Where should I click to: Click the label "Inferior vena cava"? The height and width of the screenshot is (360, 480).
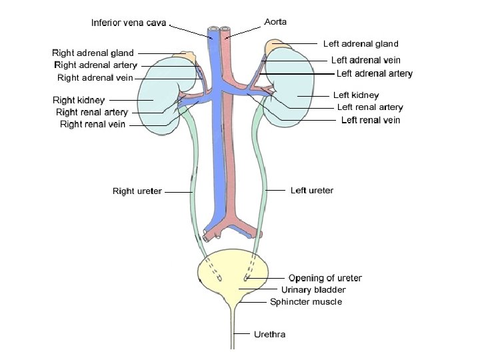pyautogui.click(x=129, y=23)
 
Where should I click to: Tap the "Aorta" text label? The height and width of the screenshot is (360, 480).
pyautogui.click(x=275, y=21)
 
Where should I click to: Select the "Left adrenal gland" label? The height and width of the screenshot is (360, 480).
pyautogui.click(x=361, y=44)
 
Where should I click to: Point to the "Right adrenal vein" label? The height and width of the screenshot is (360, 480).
pyautogui.click(x=95, y=77)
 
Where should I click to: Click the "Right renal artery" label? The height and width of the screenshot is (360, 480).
pyautogui.click(x=92, y=112)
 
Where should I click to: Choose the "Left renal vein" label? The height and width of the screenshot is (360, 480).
pyautogui.click(x=371, y=120)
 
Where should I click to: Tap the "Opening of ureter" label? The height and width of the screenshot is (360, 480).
pyautogui.click(x=325, y=278)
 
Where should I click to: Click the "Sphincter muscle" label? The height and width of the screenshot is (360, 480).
pyautogui.click(x=306, y=301)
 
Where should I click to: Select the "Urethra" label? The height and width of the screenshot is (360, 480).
pyautogui.click(x=269, y=334)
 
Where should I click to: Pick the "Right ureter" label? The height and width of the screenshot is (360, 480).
pyautogui.click(x=137, y=191)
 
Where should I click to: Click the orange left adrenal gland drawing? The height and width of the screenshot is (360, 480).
pyautogui.click(x=275, y=48)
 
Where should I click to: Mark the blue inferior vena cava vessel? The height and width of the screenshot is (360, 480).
pyautogui.click(x=218, y=153)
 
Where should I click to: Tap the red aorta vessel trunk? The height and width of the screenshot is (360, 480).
pyautogui.click(x=231, y=153)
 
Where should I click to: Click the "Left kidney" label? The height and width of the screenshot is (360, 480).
pyautogui.click(x=356, y=95)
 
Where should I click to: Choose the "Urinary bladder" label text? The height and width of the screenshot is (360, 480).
pyautogui.click(x=313, y=289)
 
